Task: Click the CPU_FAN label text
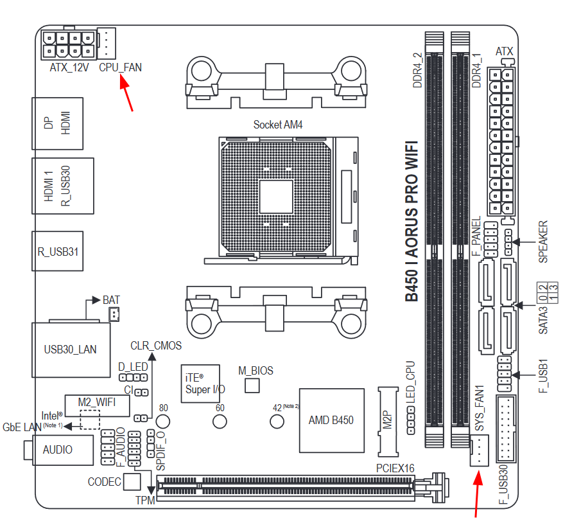(x=120, y=66)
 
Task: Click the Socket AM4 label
(x=277, y=124)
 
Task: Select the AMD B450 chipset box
(x=331, y=420)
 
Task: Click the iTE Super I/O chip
(x=200, y=384)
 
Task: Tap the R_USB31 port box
(x=57, y=251)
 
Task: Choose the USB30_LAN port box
(x=70, y=349)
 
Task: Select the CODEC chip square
(x=132, y=481)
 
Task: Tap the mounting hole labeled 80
(x=163, y=421)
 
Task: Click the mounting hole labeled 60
(x=220, y=421)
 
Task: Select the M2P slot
(x=388, y=420)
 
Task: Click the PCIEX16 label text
(x=394, y=468)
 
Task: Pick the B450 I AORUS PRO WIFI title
(x=411, y=222)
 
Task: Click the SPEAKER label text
(x=543, y=242)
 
